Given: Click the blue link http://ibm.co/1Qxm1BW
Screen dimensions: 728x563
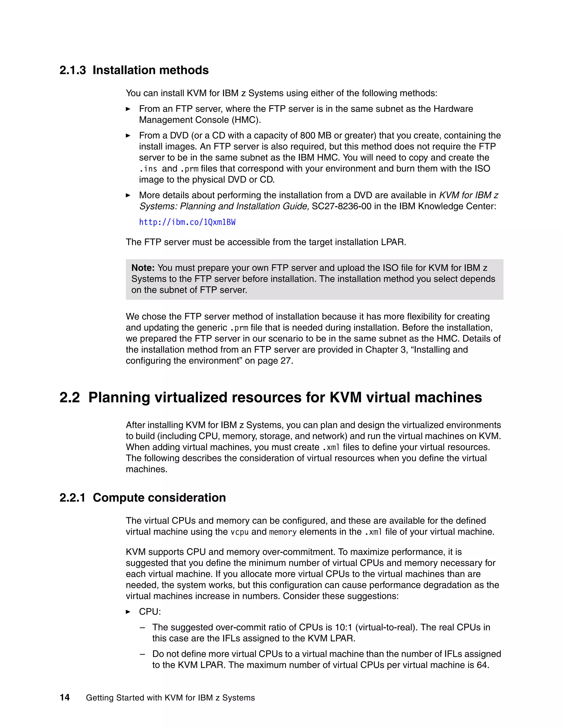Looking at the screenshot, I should tap(187, 222).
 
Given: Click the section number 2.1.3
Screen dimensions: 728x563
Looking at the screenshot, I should tap(72, 70).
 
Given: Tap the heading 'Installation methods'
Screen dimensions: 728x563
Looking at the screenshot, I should tap(150, 70).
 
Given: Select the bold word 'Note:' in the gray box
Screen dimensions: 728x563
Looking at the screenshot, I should tap(143, 268).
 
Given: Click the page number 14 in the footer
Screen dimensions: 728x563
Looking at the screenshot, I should tap(65, 698).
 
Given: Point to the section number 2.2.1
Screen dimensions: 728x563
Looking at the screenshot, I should tap(72, 498).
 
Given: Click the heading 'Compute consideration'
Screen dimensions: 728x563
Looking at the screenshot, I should tap(159, 498).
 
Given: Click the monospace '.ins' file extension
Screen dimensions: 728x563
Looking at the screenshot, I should tap(148, 169).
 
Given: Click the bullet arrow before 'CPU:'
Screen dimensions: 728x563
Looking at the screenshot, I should tap(128, 612).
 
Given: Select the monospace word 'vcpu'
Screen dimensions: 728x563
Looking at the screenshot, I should tap(239, 532).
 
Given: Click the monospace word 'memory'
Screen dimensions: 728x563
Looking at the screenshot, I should tap(283, 532).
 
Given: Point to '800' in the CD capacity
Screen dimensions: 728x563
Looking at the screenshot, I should tap(308, 136).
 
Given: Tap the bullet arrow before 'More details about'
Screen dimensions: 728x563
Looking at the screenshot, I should tap(128, 195).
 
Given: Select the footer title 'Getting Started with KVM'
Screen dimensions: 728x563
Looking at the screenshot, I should tap(170, 698).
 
